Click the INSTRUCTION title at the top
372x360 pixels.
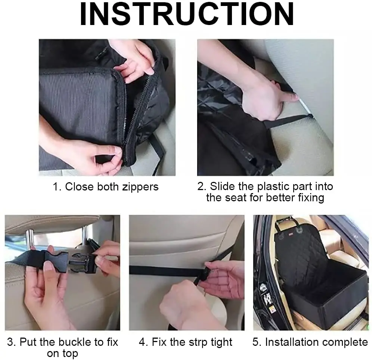point(187,14)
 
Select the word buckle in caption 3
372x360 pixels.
point(75,342)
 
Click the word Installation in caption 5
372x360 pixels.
point(292,342)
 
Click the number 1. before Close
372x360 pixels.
point(57,187)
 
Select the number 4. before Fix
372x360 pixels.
point(144,342)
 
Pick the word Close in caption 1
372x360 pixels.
point(79,187)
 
